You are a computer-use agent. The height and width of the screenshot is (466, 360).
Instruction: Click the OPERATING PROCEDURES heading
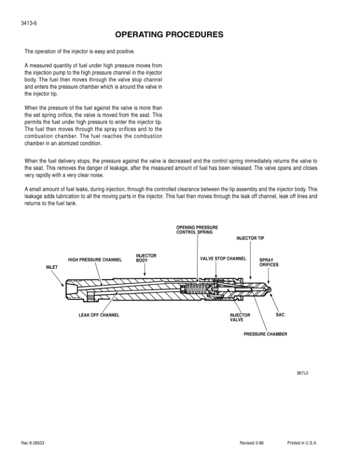tap(169, 35)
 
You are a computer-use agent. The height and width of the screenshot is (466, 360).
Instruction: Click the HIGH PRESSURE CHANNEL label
tap(95, 259)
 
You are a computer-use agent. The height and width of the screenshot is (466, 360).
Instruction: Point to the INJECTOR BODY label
tap(146, 257)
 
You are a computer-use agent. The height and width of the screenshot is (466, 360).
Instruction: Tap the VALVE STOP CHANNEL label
tap(223, 259)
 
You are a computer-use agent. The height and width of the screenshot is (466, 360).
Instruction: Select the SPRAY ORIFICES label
tap(269, 262)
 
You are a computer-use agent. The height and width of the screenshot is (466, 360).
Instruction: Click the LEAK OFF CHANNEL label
tap(99, 315)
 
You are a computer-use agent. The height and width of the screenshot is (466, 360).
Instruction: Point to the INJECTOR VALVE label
tap(239, 318)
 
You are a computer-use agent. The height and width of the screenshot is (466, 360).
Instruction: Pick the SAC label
tap(280, 315)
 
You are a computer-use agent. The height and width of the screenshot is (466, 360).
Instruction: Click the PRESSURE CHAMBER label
tap(266, 334)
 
